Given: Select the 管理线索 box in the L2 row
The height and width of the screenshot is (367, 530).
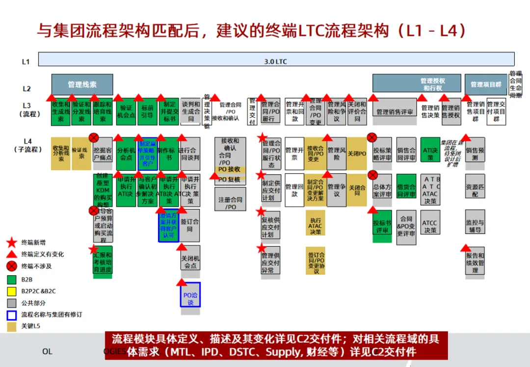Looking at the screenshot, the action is (82, 84).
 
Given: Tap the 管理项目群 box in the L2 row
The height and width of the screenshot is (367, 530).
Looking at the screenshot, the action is (486, 84).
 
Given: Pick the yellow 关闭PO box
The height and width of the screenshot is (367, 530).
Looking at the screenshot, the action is (357, 154).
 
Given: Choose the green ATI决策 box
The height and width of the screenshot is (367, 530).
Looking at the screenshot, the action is (430, 151).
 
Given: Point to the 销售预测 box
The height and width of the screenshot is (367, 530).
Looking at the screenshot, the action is (475, 154).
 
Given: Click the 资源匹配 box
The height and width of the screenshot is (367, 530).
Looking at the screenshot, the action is (475, 190).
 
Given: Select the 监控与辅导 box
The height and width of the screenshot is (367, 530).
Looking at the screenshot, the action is (475, 226).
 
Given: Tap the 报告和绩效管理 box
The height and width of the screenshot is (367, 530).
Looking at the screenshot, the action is (475, 262).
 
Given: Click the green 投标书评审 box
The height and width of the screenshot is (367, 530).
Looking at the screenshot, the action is (382, 226).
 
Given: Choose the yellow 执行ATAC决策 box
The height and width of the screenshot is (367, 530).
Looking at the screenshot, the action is (315, 226).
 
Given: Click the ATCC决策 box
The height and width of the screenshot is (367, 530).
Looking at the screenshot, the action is (430, 226).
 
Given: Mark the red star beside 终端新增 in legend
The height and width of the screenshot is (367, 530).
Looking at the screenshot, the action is (12, 242).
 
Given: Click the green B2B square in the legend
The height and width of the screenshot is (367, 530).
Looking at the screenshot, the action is (12, 280).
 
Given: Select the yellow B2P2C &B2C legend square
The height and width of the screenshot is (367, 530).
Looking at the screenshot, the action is (12, 291).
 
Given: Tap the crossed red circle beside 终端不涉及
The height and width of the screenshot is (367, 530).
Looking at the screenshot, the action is (12, 266).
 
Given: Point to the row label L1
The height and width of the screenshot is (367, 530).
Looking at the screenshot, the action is (26, 62).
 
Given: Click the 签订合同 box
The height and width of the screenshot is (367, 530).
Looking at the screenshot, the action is (190, 226).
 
